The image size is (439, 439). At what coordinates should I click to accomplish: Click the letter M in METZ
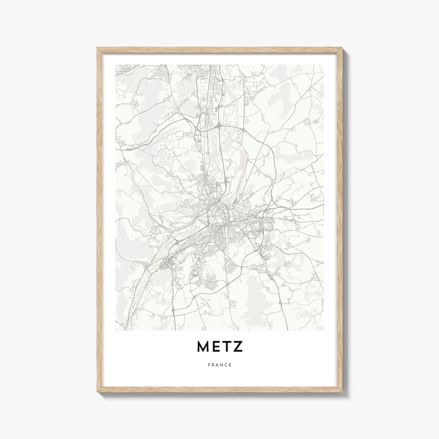point(203,346)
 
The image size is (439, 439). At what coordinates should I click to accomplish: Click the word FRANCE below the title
point(219,365)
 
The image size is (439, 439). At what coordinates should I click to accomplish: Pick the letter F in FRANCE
point(209,365)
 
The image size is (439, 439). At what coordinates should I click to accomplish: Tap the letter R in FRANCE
point(213,365)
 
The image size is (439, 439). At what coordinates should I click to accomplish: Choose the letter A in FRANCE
point(217,365)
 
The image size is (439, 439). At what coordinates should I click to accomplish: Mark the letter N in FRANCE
point(222,365)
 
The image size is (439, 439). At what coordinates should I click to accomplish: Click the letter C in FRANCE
point(226,365)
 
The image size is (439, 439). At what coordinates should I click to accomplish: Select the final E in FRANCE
point(230,365)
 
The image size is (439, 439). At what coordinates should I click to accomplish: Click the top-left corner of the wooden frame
point(98,48)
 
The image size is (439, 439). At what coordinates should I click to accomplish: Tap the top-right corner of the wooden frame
point(342,48)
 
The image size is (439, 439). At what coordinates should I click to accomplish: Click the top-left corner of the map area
point(116,65)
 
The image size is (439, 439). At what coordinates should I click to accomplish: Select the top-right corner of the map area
point(324,65)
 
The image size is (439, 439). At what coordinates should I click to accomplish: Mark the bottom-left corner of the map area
point(116,330)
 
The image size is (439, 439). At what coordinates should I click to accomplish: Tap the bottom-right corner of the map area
point(324,330)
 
